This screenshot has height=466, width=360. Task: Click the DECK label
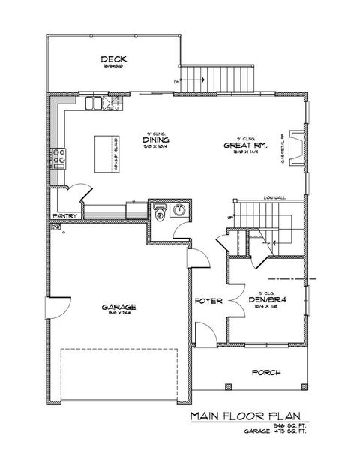pyautogui.click(x=112, y=59)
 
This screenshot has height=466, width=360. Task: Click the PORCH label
pyautogui.click(x=265, y=372)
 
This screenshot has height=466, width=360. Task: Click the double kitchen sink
pyautogui.click(x=97, y=102)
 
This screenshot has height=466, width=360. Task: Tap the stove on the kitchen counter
pyautogui.click(x=58, y=158)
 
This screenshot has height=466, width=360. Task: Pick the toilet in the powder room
pyautogui.click(x=160, y=213)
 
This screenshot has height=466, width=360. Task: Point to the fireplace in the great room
pyautogui.click(x=297, y=145)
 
